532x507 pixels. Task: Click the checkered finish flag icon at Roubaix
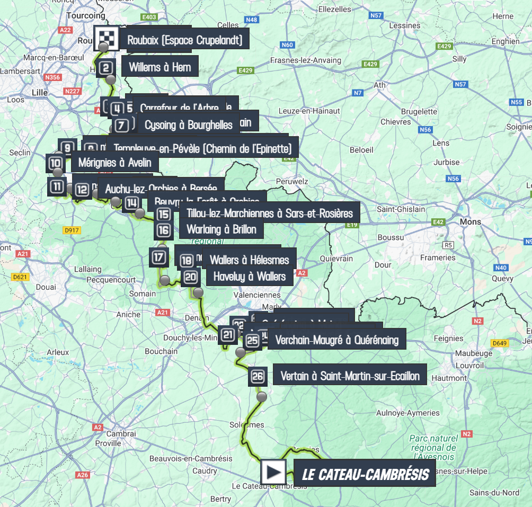coord(104,37)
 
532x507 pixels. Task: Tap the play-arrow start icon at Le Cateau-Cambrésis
coord(273,472)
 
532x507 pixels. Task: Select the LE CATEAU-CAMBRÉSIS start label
coord(365,474)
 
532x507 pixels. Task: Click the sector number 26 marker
coord(258,376)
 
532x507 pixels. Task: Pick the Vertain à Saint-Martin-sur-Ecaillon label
coord(350,376)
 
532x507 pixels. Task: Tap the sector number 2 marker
coord(106,68)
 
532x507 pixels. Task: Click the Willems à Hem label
coord(156,67)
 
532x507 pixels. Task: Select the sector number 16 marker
coord(164,230)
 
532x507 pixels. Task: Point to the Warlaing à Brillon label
coord(221,229)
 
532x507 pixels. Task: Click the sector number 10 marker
coord(56,163)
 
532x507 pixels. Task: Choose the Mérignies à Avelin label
coord(114,163)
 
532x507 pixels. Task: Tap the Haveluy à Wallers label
coord(249,276)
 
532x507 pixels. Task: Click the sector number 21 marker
coord(228,335)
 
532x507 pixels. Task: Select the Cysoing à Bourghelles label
coord(189,125)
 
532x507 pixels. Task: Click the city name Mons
coord(471,221)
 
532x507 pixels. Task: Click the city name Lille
coord(40,92)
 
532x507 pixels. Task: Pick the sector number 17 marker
coord(159,257)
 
